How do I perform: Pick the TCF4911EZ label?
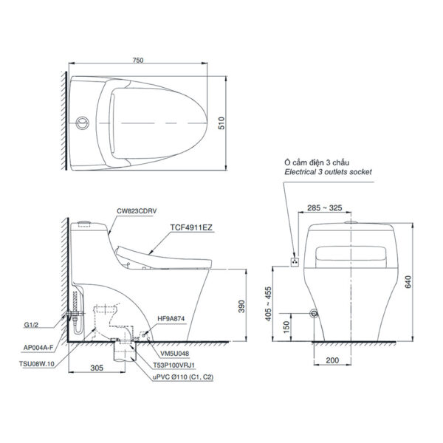tap(192, 228)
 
